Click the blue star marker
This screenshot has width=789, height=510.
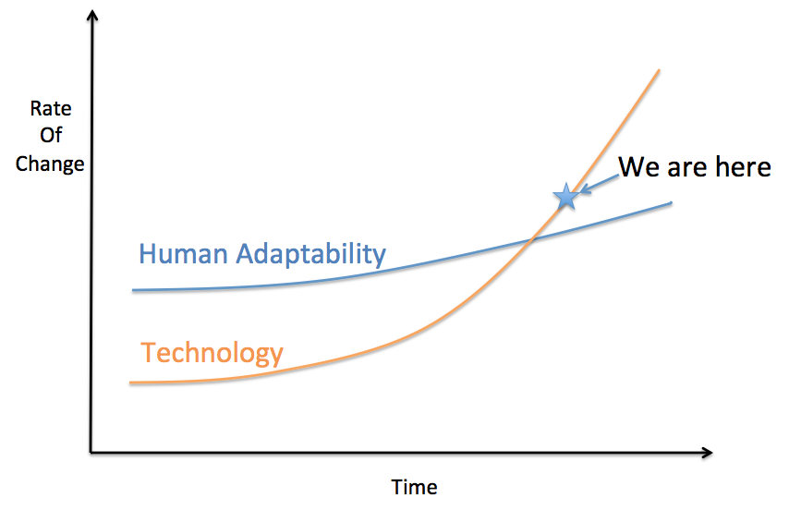[x=565, y=196]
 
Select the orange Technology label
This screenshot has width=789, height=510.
[x=212, y=352]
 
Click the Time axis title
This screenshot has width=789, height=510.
[x=415, y=487]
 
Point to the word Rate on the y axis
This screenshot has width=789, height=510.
[x=50, y=108]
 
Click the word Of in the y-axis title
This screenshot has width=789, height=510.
[x=50, y=136]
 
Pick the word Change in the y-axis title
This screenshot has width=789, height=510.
[x=50, y=164]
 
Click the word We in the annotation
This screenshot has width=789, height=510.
[x=638, y=167]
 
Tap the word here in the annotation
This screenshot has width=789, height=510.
[x=738, y=167]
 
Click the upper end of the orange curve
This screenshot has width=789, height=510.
[x=659, y=69]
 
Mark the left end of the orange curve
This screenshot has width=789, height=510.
[x=131, y=382]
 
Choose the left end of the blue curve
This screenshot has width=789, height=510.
[x=134, y=290]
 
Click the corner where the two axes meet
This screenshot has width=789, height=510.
[x=91, y=453]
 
